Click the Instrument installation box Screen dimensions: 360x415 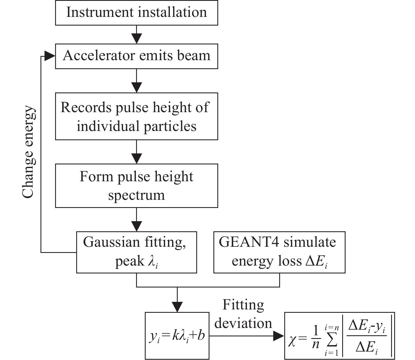136,13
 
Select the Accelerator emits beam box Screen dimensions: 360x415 136,56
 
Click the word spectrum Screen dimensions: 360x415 136,195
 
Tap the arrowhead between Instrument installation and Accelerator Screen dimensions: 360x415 136,38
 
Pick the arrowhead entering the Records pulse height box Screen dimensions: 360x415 136,87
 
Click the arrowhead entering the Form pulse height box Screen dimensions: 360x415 136,158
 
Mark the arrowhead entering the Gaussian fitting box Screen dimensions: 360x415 136,226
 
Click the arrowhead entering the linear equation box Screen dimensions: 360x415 177,307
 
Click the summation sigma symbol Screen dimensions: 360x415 332,341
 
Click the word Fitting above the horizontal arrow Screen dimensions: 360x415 243,305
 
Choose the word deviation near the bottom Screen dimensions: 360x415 243,323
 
